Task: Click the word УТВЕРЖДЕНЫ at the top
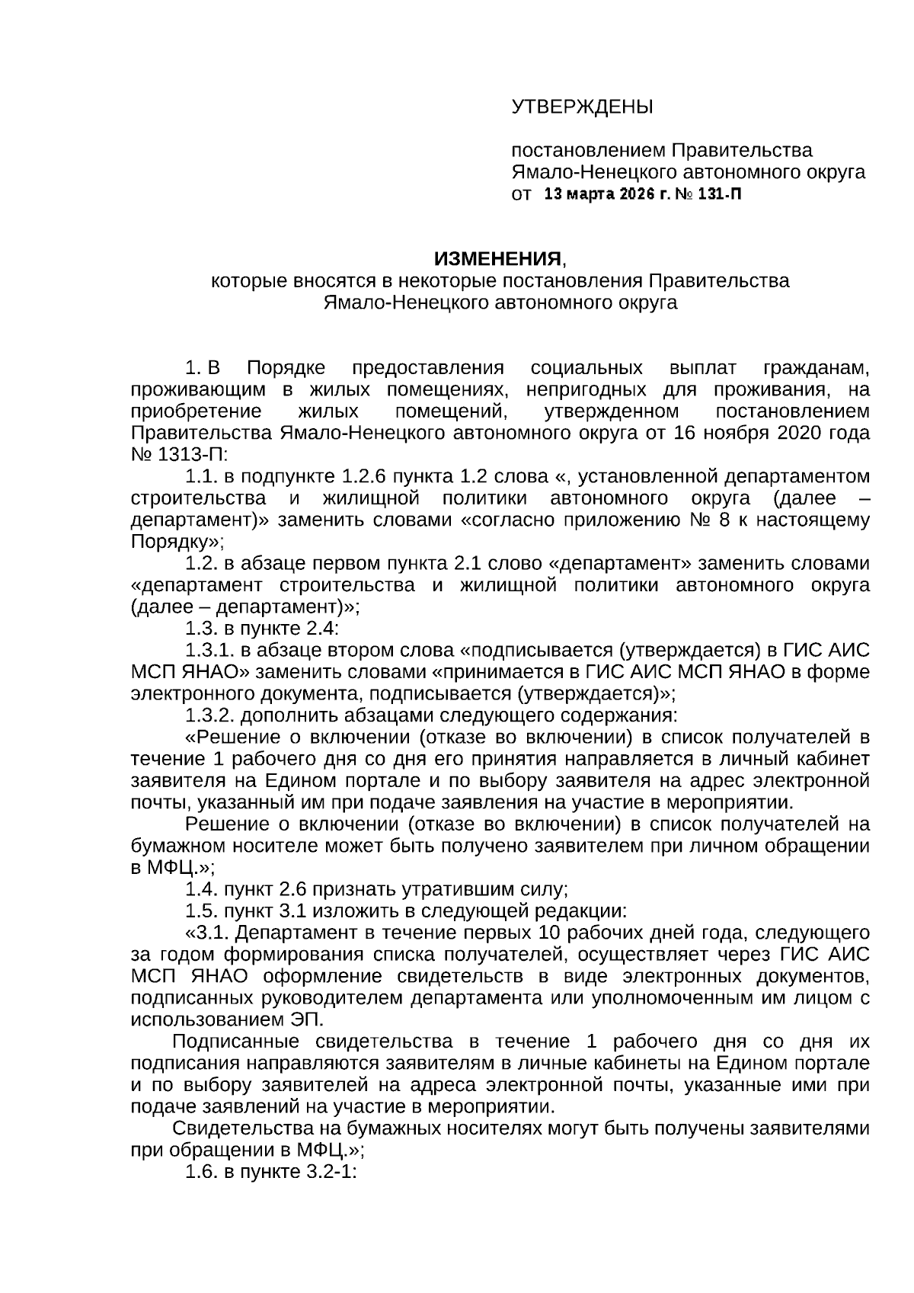(581, 107)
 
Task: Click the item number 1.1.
(202, 477)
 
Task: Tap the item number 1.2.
(202, 564)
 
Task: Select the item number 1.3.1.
(209, 651)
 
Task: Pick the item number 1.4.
(202, 889)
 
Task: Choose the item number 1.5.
(202, 911)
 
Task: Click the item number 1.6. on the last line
(202, 1171)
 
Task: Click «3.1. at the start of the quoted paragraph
(207, 933)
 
